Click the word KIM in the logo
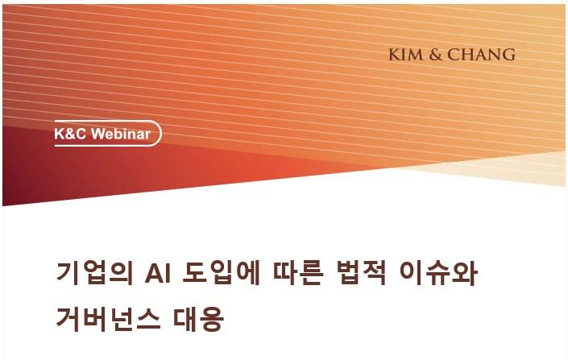coord(405,55)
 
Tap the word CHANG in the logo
coord(481,55)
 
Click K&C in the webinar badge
coord(71,134)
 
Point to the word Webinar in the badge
coord(121,134)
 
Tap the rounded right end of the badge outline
coord(158,134)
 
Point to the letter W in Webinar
coord(98,134)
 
